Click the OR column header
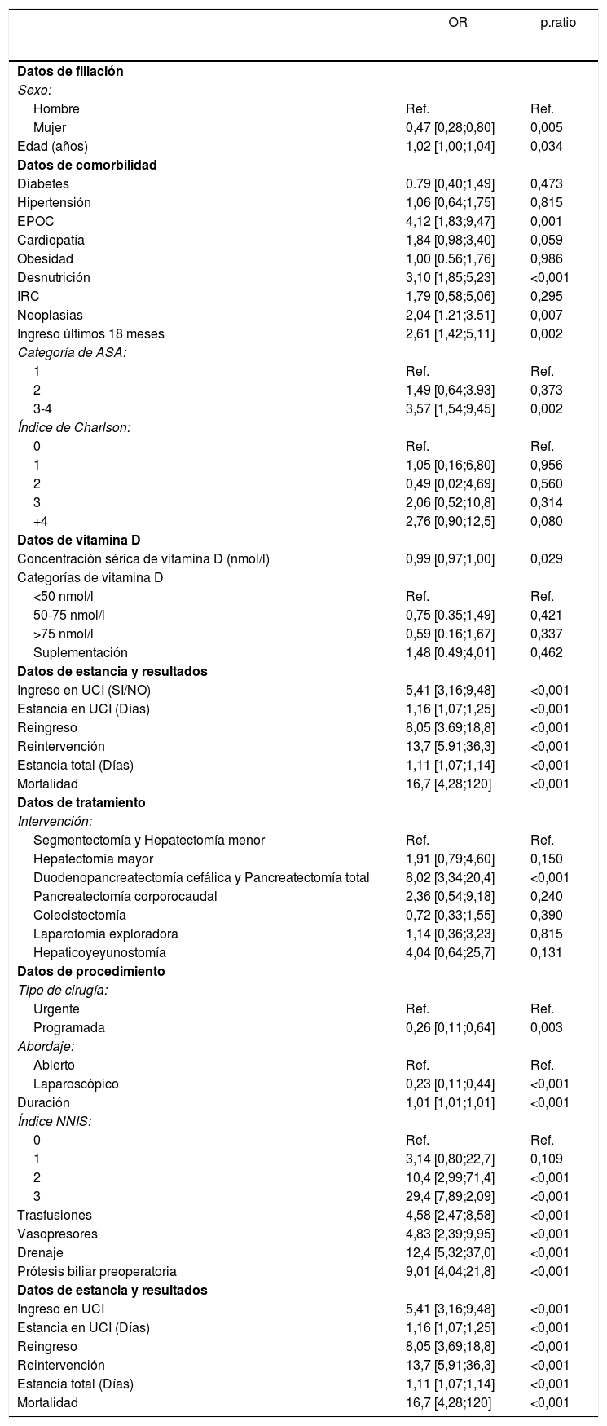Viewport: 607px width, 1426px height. click(458, 23)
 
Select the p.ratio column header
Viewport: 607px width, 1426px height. click(558, 23)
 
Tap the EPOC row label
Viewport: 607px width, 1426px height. click(34, 222)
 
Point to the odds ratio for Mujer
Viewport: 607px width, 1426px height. click(450, 128)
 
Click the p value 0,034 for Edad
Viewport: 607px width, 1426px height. click(546, 147)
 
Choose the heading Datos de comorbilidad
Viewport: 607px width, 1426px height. click(86, 166)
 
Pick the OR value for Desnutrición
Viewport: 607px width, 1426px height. click(450, 278)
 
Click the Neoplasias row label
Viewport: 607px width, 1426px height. click(51, 316)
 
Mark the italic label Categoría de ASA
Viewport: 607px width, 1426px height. click(72, 353)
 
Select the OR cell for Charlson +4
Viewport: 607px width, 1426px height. click(450, 522)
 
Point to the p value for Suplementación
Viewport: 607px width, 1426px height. click(546, 653)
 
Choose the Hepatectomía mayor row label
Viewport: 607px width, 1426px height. click(93, 859)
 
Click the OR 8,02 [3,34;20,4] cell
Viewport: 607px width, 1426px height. click(450, 878)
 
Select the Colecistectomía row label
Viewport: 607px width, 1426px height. click(80, 916)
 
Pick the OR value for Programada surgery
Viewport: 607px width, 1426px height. click(450, 1028)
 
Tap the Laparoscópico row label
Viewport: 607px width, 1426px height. click(76, 1084)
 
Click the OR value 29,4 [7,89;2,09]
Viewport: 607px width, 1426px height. click(450, 1197)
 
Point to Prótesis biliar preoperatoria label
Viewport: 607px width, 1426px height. click(97, 1272)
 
